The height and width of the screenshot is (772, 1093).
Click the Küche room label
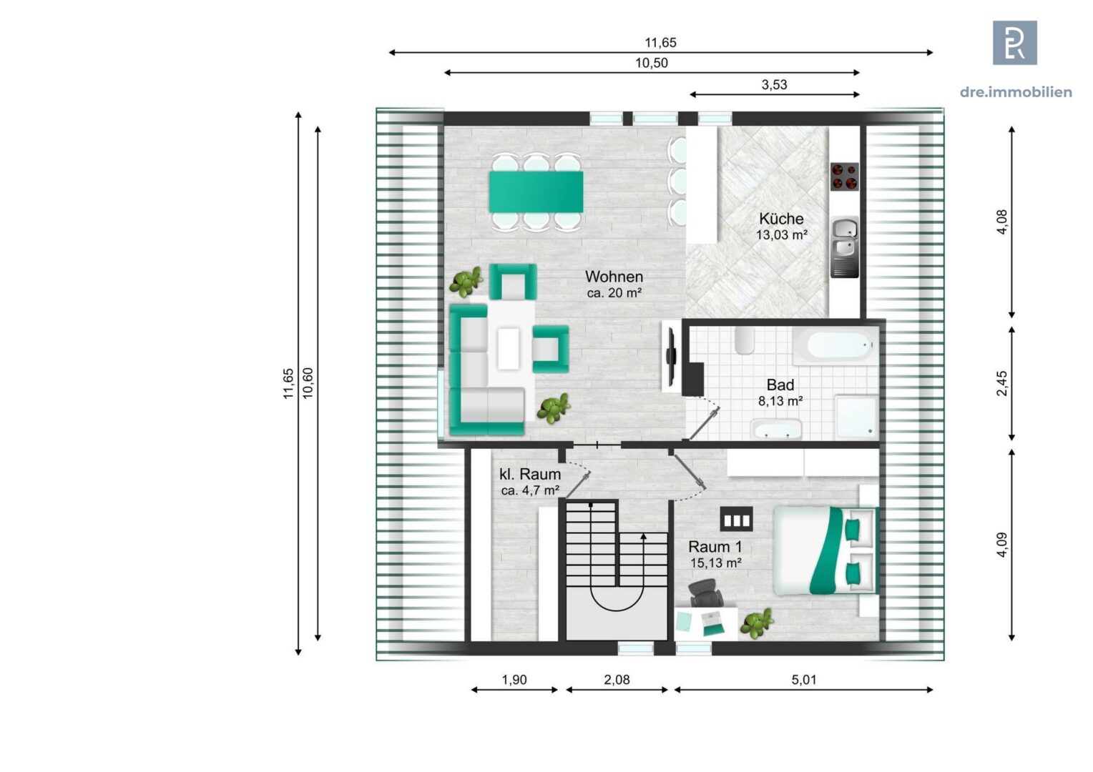[x=781, y=226]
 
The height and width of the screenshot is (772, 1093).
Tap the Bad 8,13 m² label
[x=780, y=392]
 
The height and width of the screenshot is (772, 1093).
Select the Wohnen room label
[x=614, y=284]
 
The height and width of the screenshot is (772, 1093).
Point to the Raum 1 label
[x=715, y=555]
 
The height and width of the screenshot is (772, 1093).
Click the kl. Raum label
[x=530, y=481]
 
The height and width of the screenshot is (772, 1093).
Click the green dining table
[x=536, y=191]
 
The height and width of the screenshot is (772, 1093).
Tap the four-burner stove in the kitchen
[x=844, y=177]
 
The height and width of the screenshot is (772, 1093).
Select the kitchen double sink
[x=845, y=247]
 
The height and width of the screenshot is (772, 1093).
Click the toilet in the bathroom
[x=744, y=340]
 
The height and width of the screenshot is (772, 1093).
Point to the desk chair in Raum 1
[x=705, y=593]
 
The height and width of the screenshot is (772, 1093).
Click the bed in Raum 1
[x=825, y=550]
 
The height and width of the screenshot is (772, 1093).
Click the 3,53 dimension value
[x=775, y=84]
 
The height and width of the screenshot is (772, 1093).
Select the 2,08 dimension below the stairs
[x=617, y=679]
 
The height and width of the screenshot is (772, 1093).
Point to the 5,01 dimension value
[x=803, y=679]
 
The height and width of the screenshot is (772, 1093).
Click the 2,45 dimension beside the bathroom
[x=1001, y=383]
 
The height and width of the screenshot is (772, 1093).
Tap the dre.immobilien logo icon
[x=1015, y=42]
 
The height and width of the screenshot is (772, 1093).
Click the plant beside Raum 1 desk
[x=757, y=623]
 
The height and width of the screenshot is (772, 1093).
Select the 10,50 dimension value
[x=652, y=63]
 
